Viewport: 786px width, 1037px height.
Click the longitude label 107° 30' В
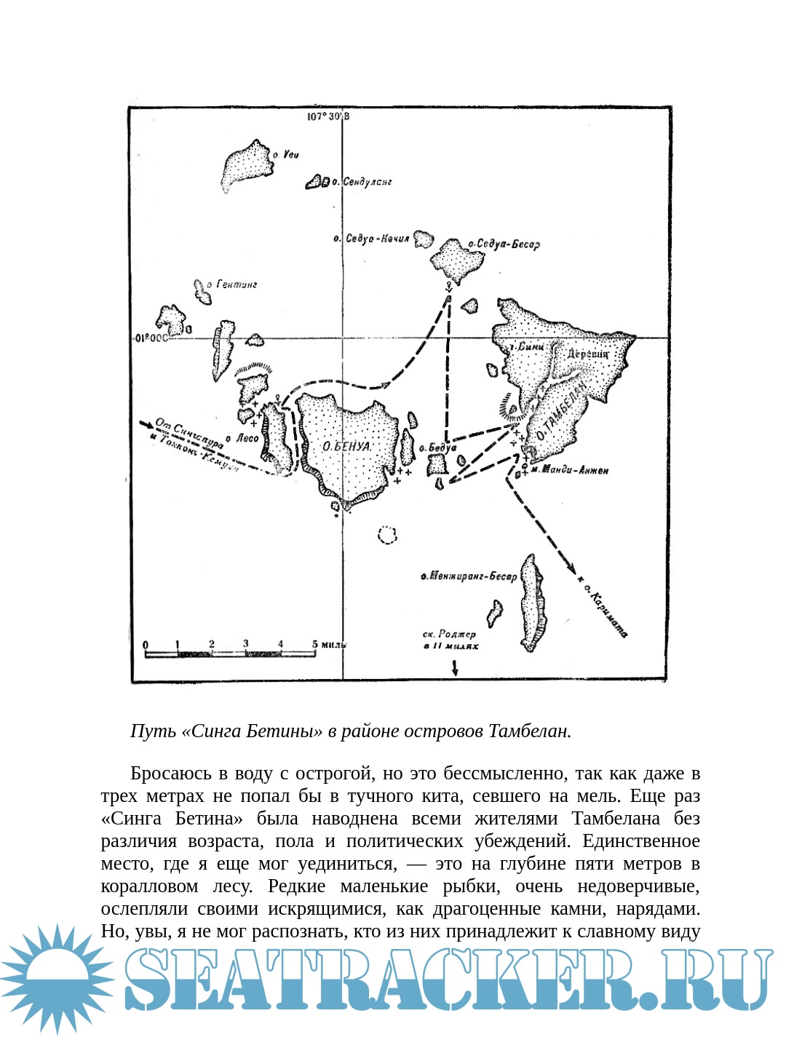[328, 116]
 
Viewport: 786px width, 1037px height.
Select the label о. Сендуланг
[362, 181]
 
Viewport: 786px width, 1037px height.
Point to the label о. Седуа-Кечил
[371, 239]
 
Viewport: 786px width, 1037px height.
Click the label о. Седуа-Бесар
[504, 245]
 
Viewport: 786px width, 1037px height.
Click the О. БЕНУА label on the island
[346, 446]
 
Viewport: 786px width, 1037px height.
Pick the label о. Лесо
[242, 438]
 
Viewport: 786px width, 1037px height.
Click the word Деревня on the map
[587, 354]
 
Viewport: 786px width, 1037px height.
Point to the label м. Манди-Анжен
[569, 470]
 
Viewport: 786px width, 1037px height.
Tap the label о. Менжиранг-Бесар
[469, 576]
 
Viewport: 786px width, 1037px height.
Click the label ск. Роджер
[449, 634]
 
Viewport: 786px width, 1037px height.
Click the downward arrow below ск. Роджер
[455, 668]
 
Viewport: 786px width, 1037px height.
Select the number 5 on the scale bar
[314, 644]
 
